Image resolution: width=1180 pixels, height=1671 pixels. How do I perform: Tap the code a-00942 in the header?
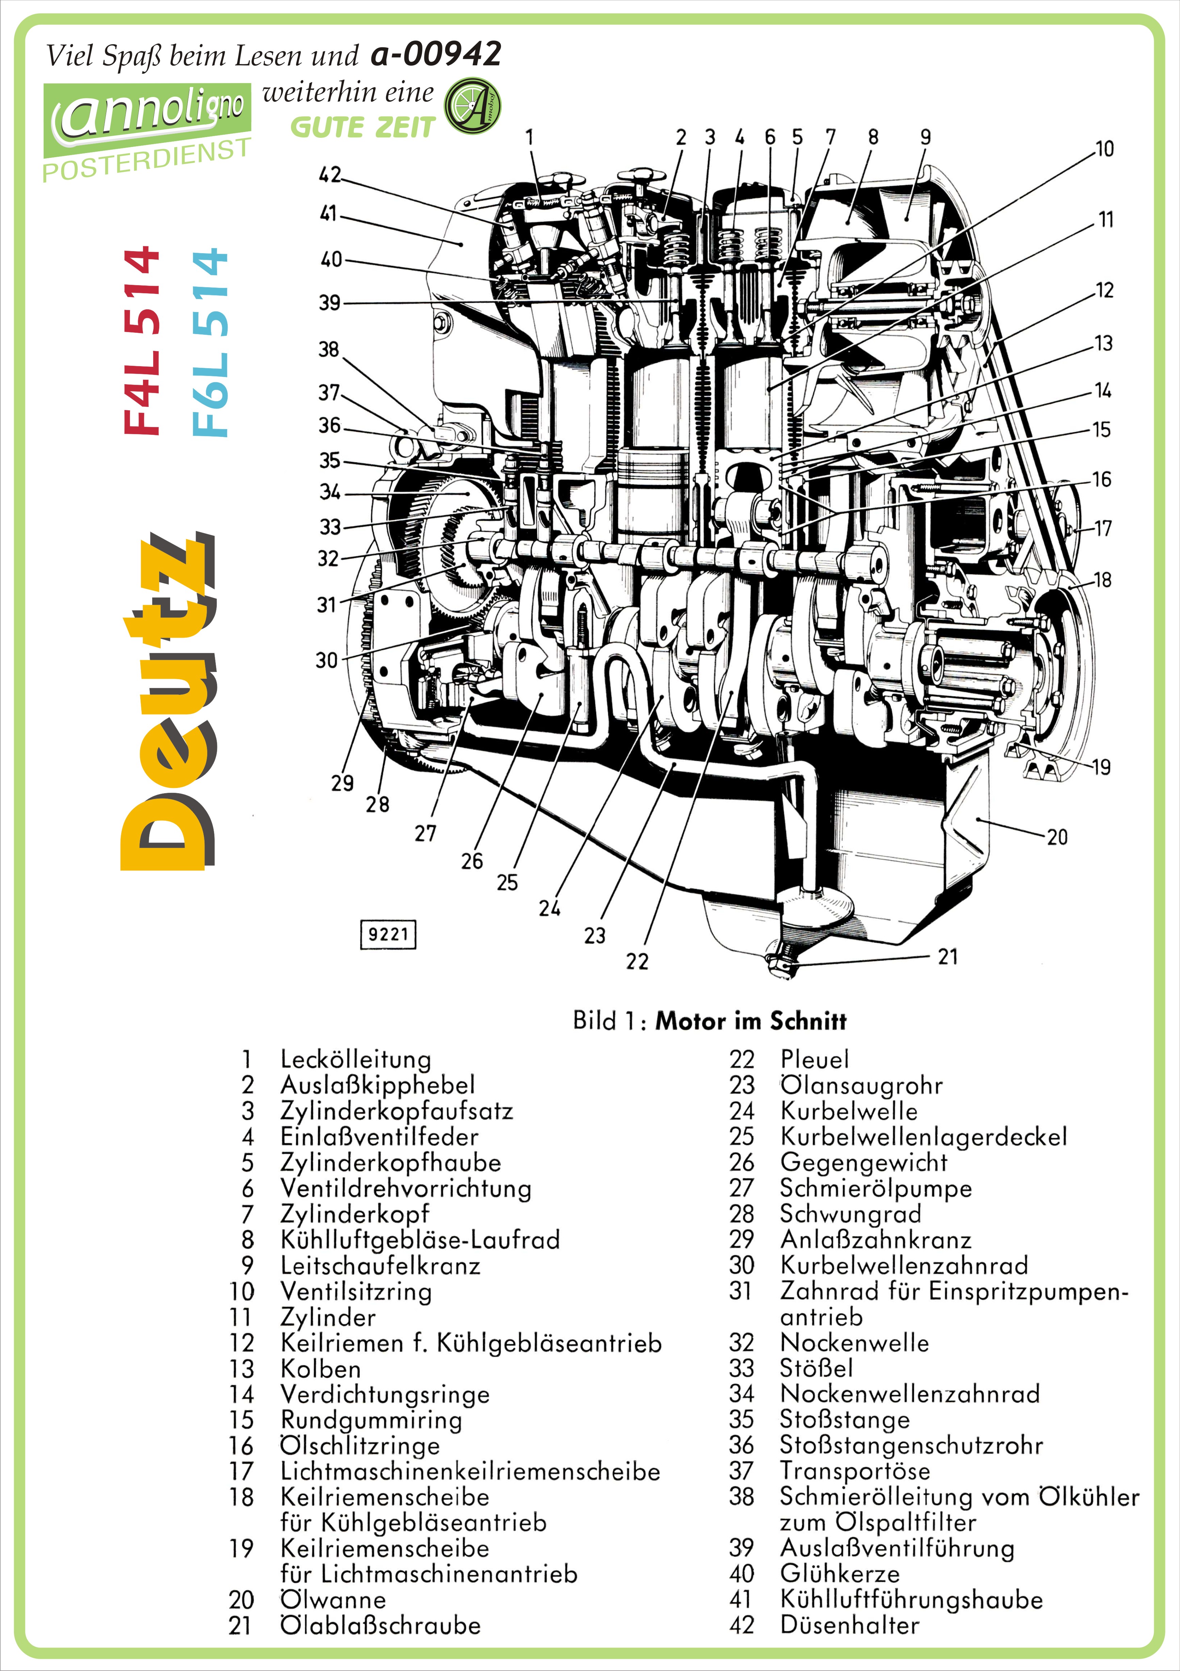click(435, 54)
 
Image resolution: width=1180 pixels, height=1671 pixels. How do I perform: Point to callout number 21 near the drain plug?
click(947, 956)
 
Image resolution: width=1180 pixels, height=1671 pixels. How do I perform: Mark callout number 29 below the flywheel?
click(342, 783)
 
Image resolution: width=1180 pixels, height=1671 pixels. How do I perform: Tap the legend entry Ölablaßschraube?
click(380, 1625)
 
